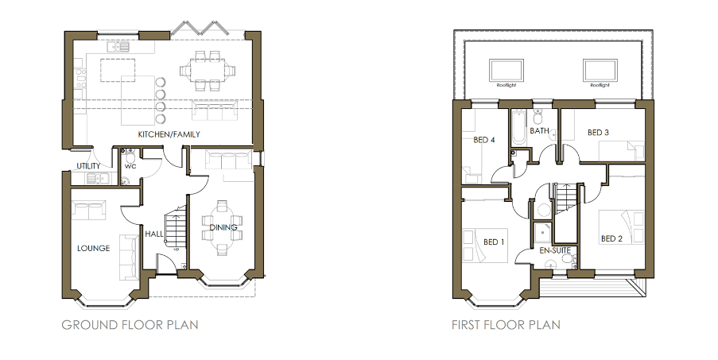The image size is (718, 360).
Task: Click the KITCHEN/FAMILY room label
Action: tap(169, 134)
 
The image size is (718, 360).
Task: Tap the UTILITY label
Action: tap(87, 166)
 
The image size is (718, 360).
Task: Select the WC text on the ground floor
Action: tap(130, 168)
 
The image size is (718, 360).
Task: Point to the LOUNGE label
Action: tap(93, 248)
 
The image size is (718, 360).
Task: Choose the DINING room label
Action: tap(223, 229)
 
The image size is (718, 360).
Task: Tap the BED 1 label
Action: tap(494, 242)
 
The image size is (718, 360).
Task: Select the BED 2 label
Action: tap(611, 238)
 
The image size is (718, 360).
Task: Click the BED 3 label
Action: tap(597, 132)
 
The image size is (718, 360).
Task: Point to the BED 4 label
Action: tap(484, 140)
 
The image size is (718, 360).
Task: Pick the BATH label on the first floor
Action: tap(540, 131)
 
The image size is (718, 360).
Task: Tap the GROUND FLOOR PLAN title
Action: tap(130, 324)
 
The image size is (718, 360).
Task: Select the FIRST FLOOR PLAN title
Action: tap(506, 324)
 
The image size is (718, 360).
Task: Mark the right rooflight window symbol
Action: tap(599, 68)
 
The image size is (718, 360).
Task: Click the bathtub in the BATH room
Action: tap(518, 127)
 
